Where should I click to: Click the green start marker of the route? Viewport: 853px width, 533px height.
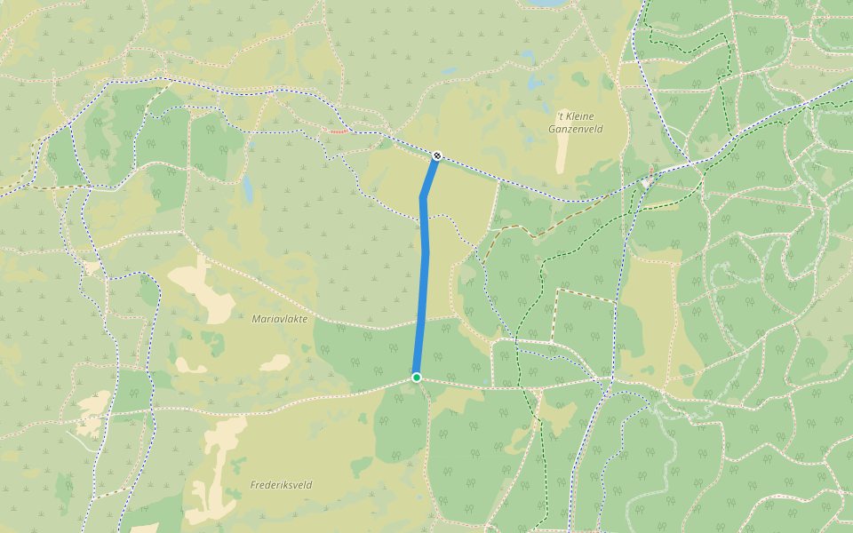coord(416,378)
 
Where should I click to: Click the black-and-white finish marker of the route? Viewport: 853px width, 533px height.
coord(437,155)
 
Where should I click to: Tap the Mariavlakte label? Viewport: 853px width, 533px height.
coord(279,318)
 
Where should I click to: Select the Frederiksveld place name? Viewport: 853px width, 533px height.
coord(281,485)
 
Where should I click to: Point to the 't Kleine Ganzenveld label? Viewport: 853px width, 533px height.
coord(576,123)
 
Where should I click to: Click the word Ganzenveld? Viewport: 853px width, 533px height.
coord(576,129)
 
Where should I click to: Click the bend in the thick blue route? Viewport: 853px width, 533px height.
coord(423,197)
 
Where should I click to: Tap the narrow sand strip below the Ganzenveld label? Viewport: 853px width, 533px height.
coord(562,155)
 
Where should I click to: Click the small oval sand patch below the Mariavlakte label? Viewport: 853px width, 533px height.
coord(275,362)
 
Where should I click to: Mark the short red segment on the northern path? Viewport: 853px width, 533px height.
coord(336,131)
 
